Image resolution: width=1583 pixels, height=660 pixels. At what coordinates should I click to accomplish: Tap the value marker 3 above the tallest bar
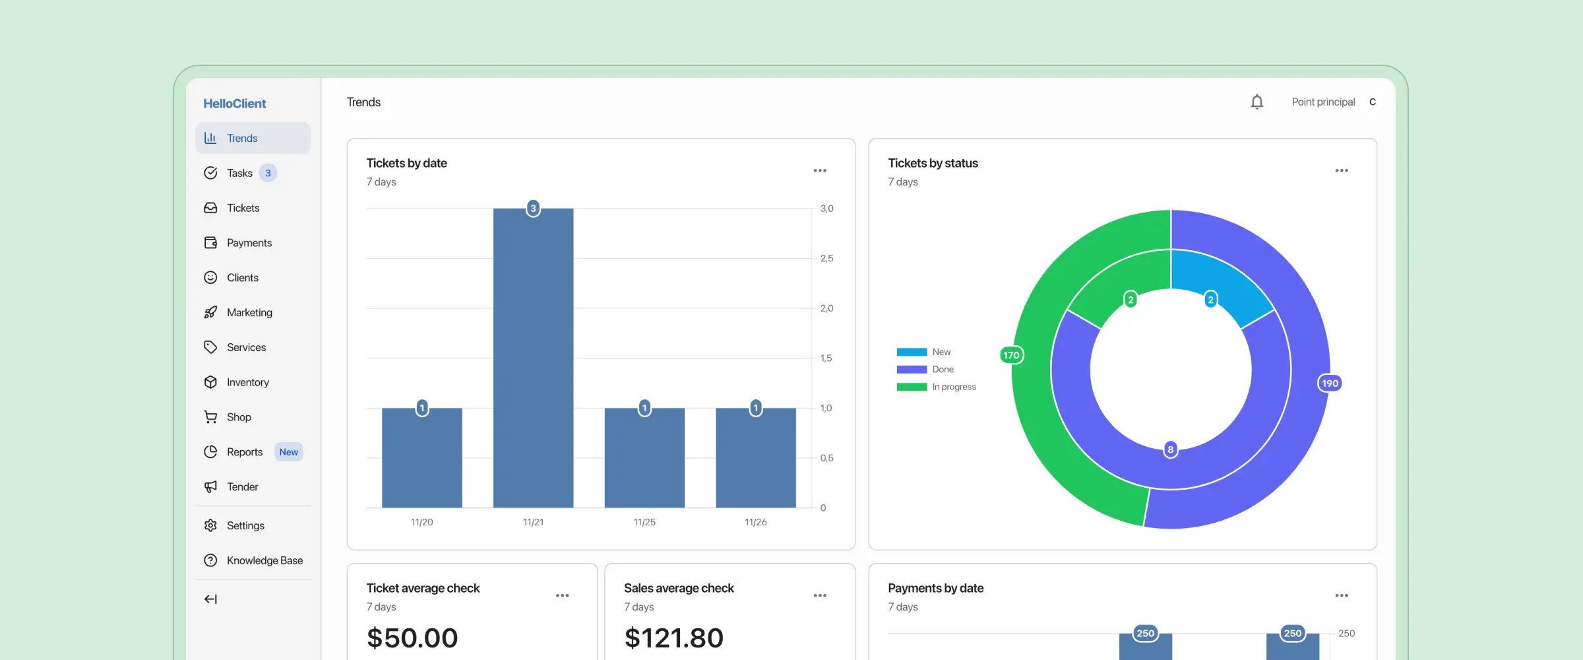coord(533,209)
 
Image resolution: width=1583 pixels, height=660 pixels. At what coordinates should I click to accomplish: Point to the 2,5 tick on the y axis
coord(826,259)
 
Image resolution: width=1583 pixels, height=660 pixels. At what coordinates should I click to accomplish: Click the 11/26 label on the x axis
coord(755,522)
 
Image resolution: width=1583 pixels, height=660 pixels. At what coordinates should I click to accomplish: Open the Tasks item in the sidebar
coord(239,173)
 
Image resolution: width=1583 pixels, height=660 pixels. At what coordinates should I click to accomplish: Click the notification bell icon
coord(1257,102)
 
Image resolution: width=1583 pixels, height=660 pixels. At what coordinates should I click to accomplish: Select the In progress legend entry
coord(953,387)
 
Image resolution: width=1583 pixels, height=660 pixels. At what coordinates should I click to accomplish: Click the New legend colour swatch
coord(912,352)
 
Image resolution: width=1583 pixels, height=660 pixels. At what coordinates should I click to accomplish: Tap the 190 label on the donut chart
coord(1330,383)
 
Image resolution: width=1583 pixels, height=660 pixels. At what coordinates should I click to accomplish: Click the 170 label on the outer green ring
coord(1011,355)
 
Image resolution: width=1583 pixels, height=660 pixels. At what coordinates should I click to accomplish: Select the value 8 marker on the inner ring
coord(1171,449)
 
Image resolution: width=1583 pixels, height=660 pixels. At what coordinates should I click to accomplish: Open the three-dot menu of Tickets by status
coord(1341,171)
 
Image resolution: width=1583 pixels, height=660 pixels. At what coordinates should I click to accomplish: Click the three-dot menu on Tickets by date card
coord(819,171)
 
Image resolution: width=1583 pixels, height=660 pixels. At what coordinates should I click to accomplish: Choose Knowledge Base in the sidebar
coord(264,560)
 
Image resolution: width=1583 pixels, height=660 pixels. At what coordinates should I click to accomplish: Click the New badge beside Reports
coord(288,452)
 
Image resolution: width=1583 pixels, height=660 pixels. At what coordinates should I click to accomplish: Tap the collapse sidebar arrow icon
coord(210,599)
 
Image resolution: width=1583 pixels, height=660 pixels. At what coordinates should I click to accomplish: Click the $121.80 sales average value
coord(673,638)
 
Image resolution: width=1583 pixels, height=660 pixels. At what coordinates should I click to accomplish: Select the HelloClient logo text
coord(234,104)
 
